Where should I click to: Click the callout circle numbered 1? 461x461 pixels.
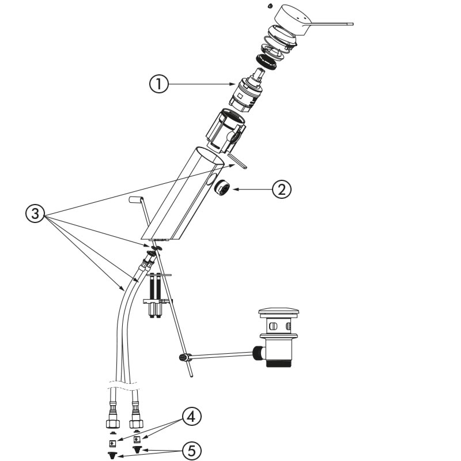tap(159, 85)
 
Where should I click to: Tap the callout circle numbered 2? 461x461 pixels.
tap(282, 190)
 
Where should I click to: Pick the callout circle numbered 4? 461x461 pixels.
tap(192, 417)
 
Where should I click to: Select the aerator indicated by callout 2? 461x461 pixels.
tap(221, 188)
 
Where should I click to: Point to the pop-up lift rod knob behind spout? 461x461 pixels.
tap(136, 199)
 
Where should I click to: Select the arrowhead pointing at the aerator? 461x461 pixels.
tap(235, 188)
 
